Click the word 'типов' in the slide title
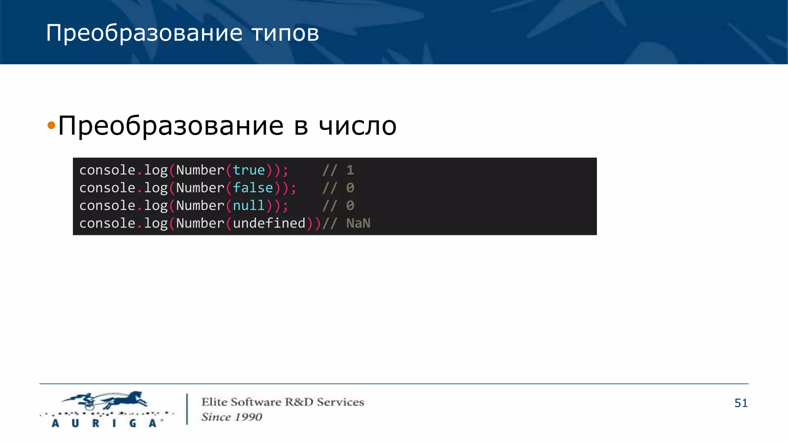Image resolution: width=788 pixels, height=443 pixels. click(285, 33)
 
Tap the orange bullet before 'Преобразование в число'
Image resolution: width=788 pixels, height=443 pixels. click(51, 125)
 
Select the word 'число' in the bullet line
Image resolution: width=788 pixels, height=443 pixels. click(357, 126)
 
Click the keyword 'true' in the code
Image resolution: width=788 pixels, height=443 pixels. click(249, 170)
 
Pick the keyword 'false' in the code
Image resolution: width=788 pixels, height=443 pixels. click(253, 188)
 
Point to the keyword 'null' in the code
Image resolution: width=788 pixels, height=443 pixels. click(249, 205)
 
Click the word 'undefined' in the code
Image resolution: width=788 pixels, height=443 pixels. click(269, 223)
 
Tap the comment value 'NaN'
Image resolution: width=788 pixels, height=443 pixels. click(358, 223)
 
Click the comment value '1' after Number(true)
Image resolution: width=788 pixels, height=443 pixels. click(350, 170)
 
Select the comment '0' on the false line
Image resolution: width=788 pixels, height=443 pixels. click(350, 188)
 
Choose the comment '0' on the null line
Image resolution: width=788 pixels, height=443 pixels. click(350, 205)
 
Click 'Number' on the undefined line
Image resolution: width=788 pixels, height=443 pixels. click(200, 223)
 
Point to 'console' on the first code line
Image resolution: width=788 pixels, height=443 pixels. click(107, 170)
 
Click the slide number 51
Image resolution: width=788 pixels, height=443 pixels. click(741, 403)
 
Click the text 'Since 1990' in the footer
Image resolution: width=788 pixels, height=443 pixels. click(232, 417)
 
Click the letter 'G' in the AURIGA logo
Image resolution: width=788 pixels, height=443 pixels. click(133, 423)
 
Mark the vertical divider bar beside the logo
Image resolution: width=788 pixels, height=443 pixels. click(187, 409)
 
